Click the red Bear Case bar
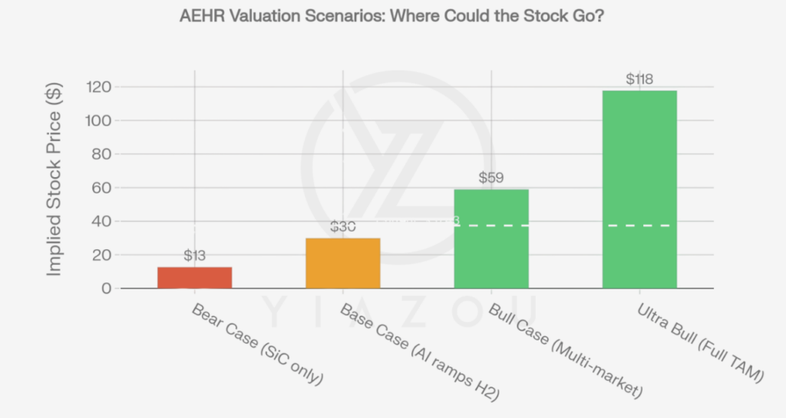[194, 278]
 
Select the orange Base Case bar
[342, 263]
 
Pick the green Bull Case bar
[491, 239]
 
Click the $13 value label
[195, 255]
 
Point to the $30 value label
[343, 227]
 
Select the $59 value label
[491, 178]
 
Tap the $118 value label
[639, 79]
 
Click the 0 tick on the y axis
[106, 288]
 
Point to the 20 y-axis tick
[102, 255]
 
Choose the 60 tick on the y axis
[102, 188]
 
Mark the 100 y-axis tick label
[98, 120]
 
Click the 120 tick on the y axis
[98, 87]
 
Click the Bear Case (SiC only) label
[258, 344]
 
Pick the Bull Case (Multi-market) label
[564, 351]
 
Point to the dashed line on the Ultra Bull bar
[639, 225]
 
